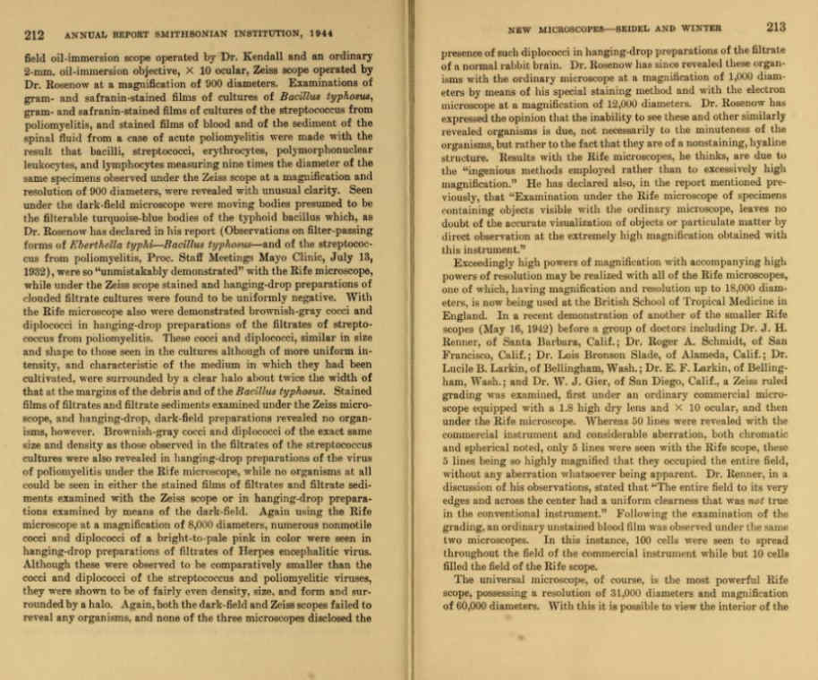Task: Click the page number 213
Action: click(x=775, y=27)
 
